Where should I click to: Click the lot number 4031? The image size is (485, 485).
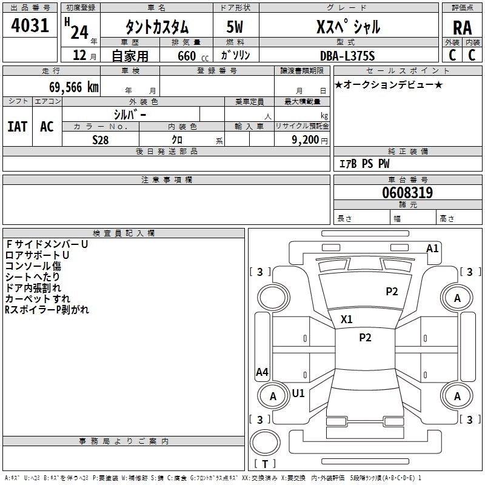pyautogui.click(x=30, y=25)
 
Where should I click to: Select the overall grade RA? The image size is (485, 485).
pyautogui.click(x=462, y=28)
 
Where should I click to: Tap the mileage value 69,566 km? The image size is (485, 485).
pyautogui.click(x=74, y=87)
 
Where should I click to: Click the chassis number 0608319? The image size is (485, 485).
pyautogui.click(x=407, y=192)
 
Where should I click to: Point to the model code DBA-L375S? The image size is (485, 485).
pyautogui.click(x=347, y=56)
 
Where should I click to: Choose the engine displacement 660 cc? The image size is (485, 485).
pyautogui.click(x=193, y=56)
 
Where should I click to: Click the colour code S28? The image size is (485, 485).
pyautogui.click(x=101, y=140)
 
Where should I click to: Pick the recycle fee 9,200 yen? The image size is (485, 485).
pyautogui.click(x=310, y=140)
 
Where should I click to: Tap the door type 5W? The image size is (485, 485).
pyautogui.click(x=235, y=27)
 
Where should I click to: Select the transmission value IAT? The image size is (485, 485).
pyautogui.click(x=18, y=127)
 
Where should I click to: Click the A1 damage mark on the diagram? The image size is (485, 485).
pyautogui.click(x=432, y=249)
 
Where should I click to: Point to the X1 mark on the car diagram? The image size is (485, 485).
pyautogui.click(x=346, y=319)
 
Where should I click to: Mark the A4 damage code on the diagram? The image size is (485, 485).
pyautogui.click(x=262, y=372)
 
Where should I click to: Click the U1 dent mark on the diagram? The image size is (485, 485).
pyautogui.click(x=298, y=393)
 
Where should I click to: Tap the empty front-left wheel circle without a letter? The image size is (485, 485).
pyautogui.click(x=273, y=298)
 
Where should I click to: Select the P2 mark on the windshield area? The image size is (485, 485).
pyautogui.click(x=392, y=291)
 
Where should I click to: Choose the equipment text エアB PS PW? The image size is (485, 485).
pyautogui.click(x=364, y=164)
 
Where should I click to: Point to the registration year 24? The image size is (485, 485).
pyautogui.click(x=79, y=32)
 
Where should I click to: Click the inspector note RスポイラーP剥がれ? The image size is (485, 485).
pyautogui.click(x=47, y=310)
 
